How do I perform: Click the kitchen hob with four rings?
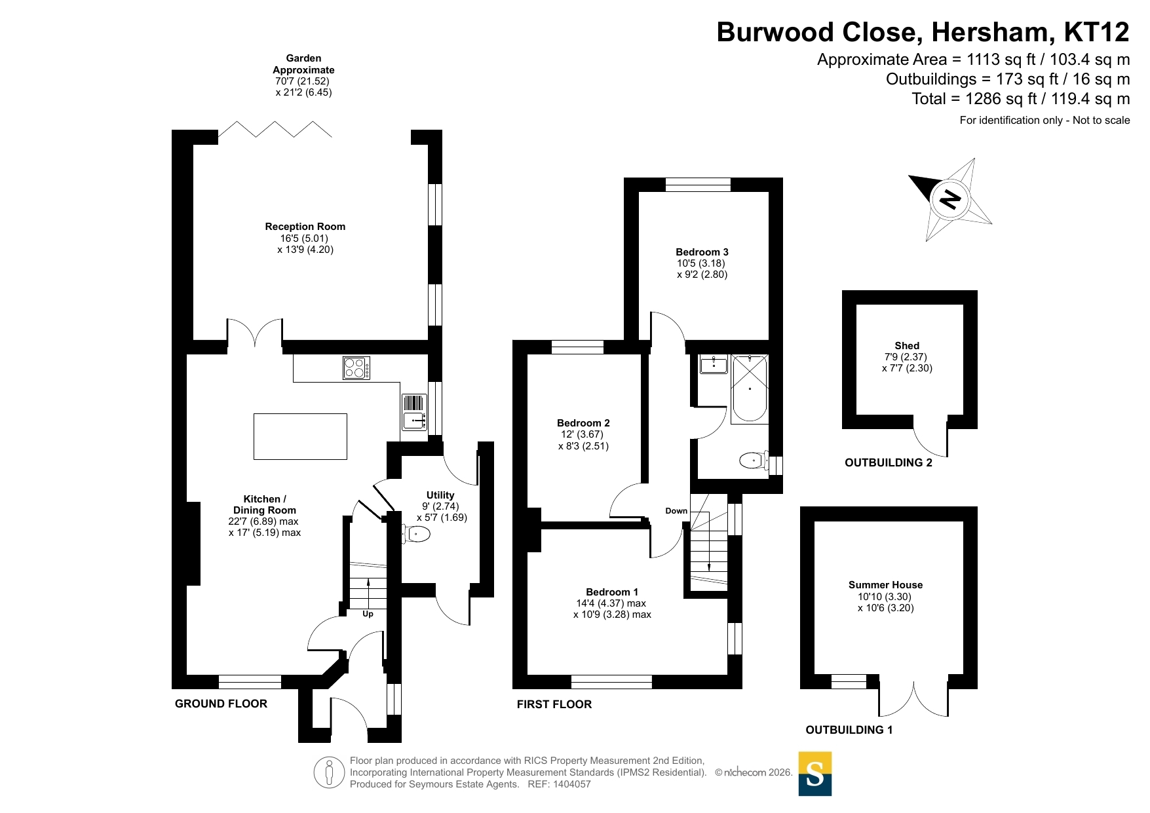[356, 368]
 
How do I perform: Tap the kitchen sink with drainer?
[413, 412]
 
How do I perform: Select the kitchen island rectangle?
[300, 436]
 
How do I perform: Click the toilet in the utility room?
[416, 535]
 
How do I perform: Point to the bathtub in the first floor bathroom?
[750, 388]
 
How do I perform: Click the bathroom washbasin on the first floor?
[713, 364]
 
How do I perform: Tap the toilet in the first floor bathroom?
[754, 461]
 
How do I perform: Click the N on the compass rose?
[950, 199]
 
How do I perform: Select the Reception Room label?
[305, 227]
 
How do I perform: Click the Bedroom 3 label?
[702, 252]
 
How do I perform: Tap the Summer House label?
[885, 585]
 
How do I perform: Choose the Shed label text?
[907, 346]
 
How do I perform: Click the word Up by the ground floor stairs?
[368, 614]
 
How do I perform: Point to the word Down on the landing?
[676, 511]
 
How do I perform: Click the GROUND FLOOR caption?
[221, 704]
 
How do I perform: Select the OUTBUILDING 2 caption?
[888, 463]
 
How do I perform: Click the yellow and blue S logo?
[815, 774]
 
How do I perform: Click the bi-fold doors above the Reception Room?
[275, 129]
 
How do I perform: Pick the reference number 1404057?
[572, 784]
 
